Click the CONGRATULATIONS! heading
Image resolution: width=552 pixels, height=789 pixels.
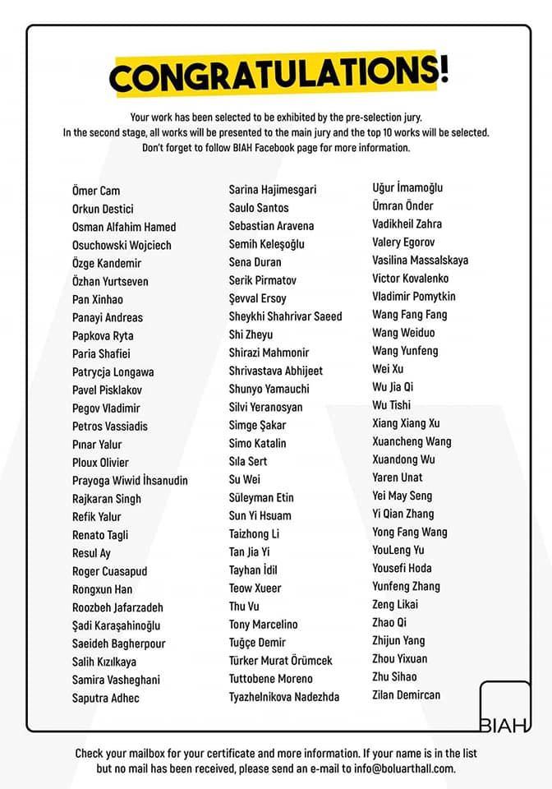coord(278,75)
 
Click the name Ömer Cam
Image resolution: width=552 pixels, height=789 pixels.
coord(96,191)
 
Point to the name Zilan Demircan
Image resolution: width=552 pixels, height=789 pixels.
coord(406,694)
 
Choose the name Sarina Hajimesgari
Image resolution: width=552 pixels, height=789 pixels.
coord(272,189)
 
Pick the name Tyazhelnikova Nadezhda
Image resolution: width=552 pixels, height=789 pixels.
coord(283,697)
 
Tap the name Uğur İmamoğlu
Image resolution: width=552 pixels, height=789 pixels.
coord(407,187)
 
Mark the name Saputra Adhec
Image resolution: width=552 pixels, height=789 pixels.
coord(105,698)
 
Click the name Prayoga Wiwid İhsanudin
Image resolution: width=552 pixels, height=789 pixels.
coord(130,480)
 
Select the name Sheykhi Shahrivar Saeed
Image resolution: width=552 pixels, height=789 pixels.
coord(285,316)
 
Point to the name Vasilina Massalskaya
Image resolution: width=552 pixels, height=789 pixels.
coord(420,260)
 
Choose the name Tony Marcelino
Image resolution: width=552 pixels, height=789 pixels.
coord(263,625)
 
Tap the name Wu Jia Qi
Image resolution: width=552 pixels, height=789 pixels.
coord(393,386)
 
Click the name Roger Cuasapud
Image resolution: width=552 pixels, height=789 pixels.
coord(109,571)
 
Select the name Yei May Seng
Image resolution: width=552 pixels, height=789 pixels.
coord(402,496)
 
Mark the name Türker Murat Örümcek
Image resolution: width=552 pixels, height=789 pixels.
coord(280,661)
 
